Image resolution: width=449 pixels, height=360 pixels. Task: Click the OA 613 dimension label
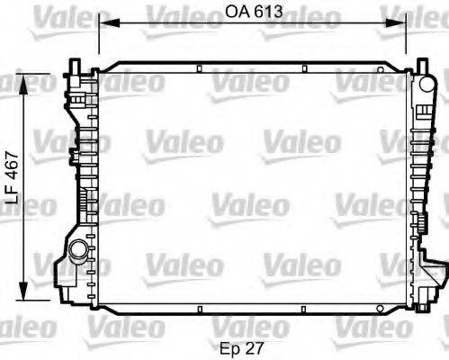[251, 11]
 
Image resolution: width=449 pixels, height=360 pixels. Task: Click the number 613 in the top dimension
[265, 11]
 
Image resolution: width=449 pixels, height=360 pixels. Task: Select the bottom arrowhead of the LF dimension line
[33, 296]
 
